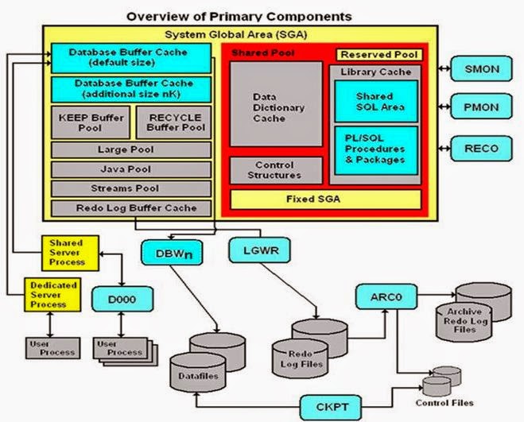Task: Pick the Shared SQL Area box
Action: [x=375, y=102]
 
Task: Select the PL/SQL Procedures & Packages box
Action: [x=375, y=149]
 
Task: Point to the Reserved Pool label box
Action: [x=378, y=55]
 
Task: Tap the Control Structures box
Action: [x=276, y=170]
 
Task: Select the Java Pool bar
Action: [x=130, y=168]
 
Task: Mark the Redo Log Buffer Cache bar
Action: [x=130, y=207]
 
